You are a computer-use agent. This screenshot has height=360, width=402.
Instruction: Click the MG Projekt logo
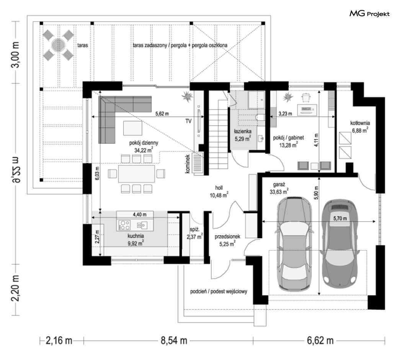click(369, 13)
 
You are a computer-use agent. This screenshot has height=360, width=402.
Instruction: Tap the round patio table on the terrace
click(58, 45)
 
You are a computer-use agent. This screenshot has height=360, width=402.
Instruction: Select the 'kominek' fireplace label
click(188, 164)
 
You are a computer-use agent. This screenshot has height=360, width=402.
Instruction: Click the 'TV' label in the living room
click(188, 121)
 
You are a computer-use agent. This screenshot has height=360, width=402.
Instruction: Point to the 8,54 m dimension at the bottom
click(174, 341)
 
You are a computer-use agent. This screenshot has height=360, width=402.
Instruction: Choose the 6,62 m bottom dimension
click(320, 341)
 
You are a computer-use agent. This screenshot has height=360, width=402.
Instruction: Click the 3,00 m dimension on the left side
click(16, 55)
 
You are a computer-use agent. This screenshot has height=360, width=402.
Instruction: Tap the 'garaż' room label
click(279, 185)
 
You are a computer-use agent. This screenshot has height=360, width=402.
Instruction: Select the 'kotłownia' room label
click(360, 123)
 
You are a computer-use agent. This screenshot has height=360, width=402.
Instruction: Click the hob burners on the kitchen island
click(124, 225)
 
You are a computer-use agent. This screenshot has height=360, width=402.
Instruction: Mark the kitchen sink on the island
click(142, 225)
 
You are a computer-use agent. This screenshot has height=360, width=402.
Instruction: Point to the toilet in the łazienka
click(260, 117)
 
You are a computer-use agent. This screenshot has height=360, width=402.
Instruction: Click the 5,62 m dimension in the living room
click(162, 114)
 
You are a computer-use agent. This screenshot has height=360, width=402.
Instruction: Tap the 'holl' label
click(219, 188)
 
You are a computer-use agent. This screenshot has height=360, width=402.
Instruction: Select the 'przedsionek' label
click(227, 237)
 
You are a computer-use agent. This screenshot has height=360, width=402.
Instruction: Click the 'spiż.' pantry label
click(195, 229)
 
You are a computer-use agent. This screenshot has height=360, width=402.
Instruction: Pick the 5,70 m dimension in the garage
click(340, 218)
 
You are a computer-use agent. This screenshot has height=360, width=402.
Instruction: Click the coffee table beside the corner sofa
click(132, 128)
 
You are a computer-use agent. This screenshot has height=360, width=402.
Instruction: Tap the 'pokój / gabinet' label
click(288, 138)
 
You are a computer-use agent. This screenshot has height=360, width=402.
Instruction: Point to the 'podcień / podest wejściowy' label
click(219, 291)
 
